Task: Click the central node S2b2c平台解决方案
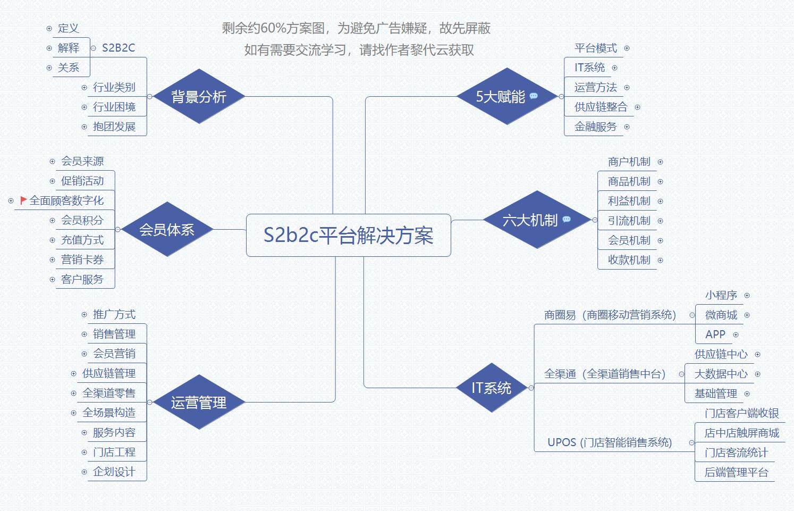click(348, 236)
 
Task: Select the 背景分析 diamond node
click(198, 97)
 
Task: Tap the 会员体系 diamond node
click(167, 230)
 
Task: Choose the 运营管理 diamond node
click(198, 403)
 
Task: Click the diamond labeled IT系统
click(492, 388)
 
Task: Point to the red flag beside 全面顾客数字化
click(23, 200)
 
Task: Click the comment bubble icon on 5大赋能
click(534, 96)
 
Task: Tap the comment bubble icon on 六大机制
click(567, 220)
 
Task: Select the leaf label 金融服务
click(595, 127)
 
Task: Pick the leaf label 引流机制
click(629, 221)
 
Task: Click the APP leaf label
click(715, 334)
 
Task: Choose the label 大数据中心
click(721, 374)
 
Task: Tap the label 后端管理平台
click(736, 472)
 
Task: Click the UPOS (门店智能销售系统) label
click(610, 442)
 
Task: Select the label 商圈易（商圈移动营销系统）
click(610, 315)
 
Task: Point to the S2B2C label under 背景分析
click(118, 48)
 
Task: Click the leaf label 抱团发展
click(114, 127)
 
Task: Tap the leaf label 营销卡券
click(82, 259)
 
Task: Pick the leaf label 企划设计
click(114, 472)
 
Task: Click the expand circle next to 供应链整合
click(637, 107)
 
